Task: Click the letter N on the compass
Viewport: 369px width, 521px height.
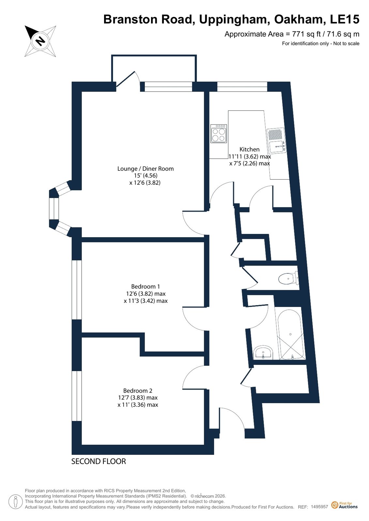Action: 40,41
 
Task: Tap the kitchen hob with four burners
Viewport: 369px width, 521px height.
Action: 219,134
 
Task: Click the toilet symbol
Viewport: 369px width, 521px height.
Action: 288,278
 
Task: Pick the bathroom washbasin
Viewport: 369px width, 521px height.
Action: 263,352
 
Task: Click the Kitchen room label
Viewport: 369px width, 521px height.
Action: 249,149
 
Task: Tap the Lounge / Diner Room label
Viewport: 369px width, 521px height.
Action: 146,169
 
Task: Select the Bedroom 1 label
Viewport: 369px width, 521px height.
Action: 146,286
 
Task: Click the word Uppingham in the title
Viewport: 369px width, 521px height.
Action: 234,20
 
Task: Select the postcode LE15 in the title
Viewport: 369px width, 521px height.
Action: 345,19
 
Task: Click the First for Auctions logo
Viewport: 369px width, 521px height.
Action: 345,505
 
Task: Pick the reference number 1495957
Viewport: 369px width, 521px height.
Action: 319,507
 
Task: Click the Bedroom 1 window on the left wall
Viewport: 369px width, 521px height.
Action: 77,290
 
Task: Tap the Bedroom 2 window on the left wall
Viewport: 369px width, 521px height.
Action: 77,396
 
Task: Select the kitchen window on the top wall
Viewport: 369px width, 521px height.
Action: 242,87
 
